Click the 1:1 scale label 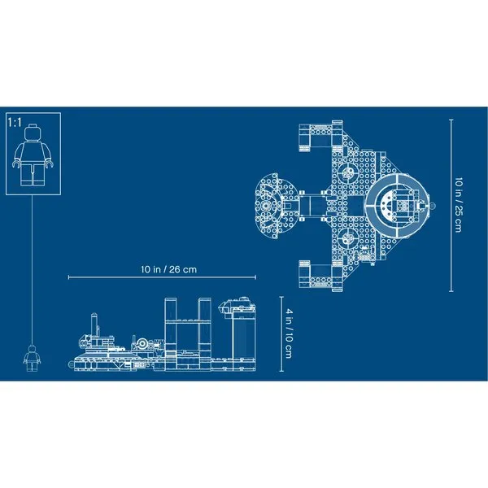pyautogui.click(x=15, y=122)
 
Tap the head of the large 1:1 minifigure pyautogui.click(x=33, y=132)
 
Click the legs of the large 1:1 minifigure pyautogui.click(x=33, y=174)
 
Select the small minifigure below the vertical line pyautogui.click(x=32, y=358)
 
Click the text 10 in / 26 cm pyautogui.click(x=168, y=269)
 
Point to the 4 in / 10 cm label pyautogui.click(x=289, y=333)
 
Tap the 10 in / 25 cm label pyautogui.click(x=459, y=205)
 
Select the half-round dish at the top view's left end pyautogui.click(x=270, y=206)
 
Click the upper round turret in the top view pyautogui.click(x=347, y=172)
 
